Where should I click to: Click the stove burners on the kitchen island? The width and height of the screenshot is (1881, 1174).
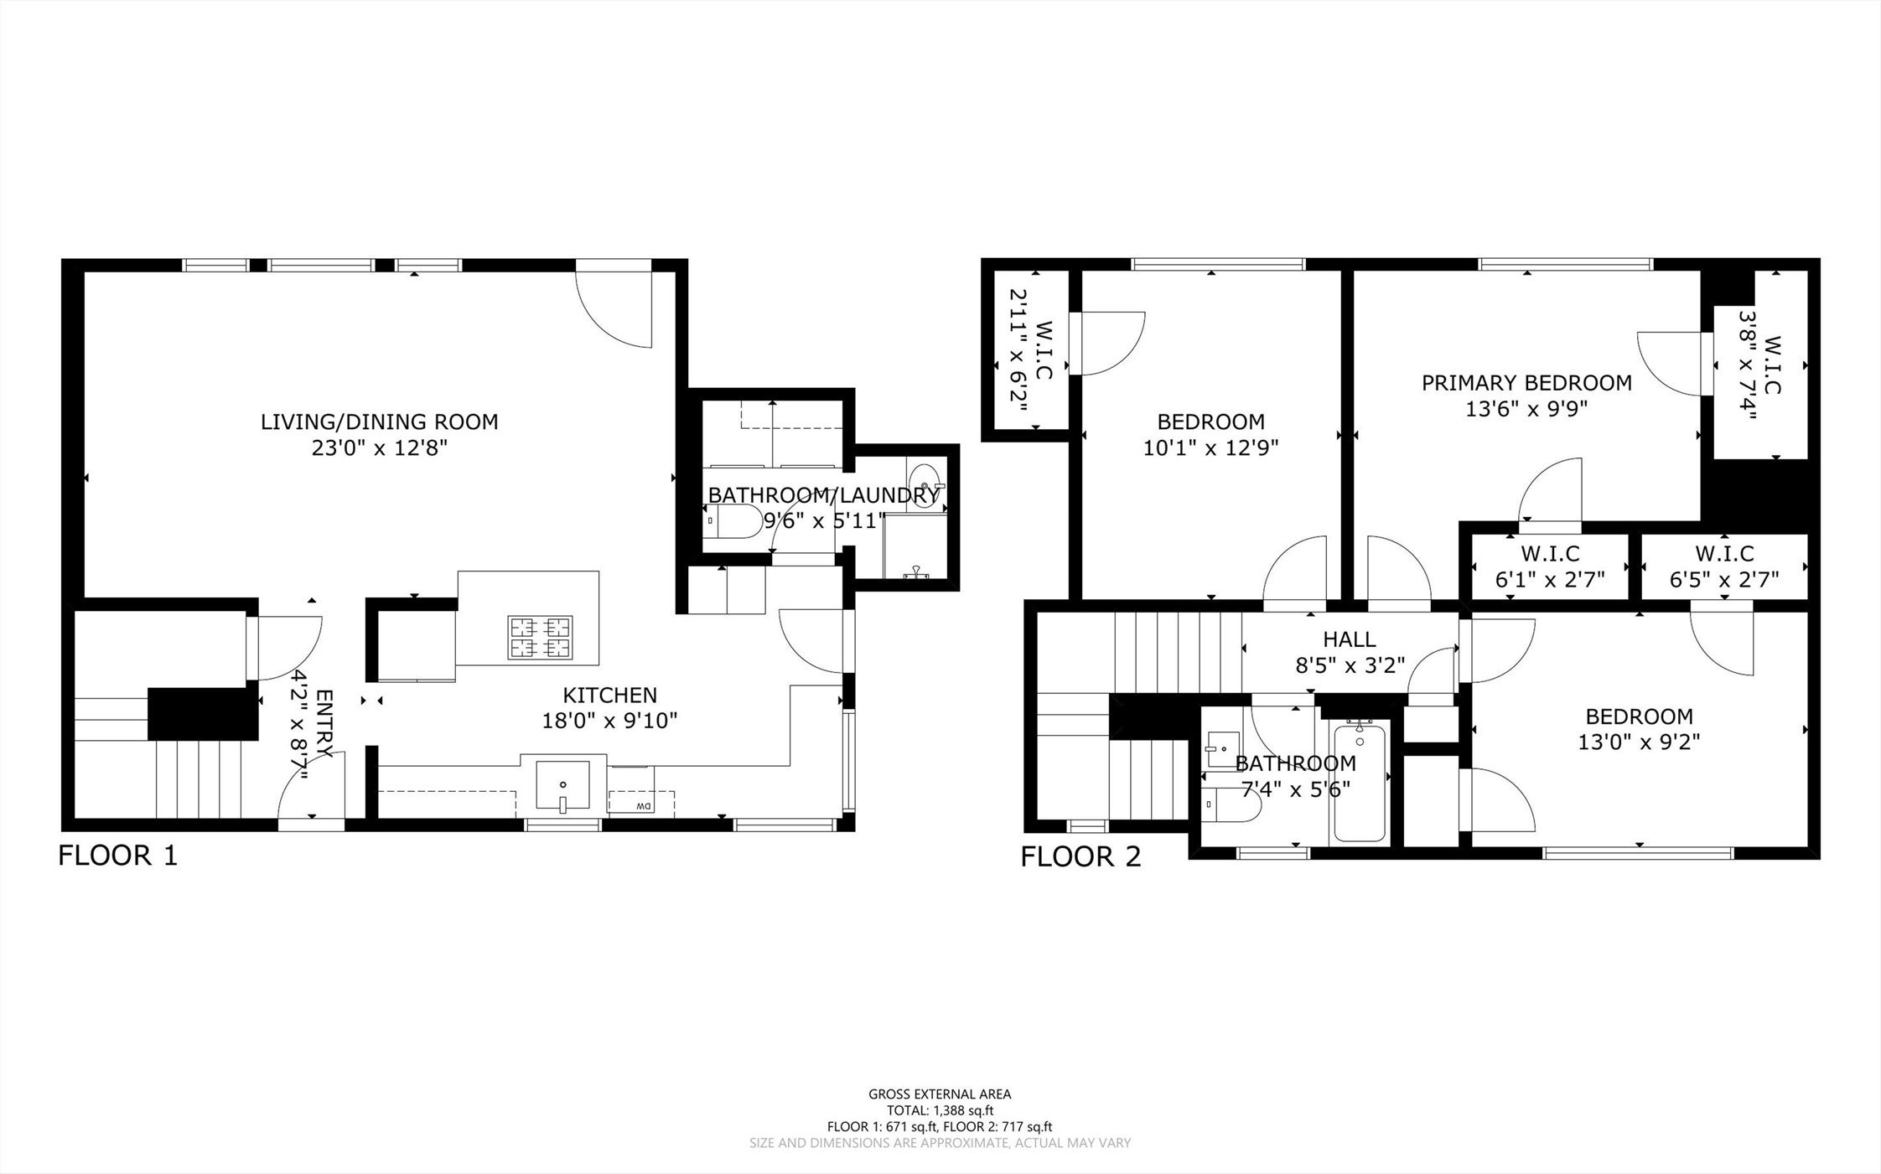pos(541,637)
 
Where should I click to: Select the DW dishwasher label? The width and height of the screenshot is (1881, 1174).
pos(643,806)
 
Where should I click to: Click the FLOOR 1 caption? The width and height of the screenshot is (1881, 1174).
pos(118,856)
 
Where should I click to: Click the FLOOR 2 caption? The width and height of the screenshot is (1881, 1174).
pos(1080,856)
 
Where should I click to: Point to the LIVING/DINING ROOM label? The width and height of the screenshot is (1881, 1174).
pos(380,422)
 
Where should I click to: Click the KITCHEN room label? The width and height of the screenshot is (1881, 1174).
pos(609,695)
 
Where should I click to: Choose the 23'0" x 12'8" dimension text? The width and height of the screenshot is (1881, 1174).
pos(380,448)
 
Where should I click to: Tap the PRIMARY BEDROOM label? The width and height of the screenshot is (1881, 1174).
pos(1526,383)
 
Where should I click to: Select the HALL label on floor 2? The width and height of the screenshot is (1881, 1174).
pos(1350,639)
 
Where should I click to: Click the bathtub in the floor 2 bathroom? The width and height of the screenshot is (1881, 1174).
pos(1359,781)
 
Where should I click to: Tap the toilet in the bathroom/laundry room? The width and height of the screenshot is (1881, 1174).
pos(732,521)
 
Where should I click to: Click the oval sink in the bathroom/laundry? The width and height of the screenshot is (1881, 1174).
pos(925,487)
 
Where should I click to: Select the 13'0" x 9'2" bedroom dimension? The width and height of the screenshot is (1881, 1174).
pos(1639,742)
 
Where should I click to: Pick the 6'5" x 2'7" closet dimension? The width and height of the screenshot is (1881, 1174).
pos(1724,579)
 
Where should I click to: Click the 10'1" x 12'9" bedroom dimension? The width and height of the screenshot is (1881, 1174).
pos(1210,448)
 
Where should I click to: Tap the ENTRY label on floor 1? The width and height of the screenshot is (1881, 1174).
pos(325,723)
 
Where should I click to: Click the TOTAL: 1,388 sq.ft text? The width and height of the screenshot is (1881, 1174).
pos(940,1111)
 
